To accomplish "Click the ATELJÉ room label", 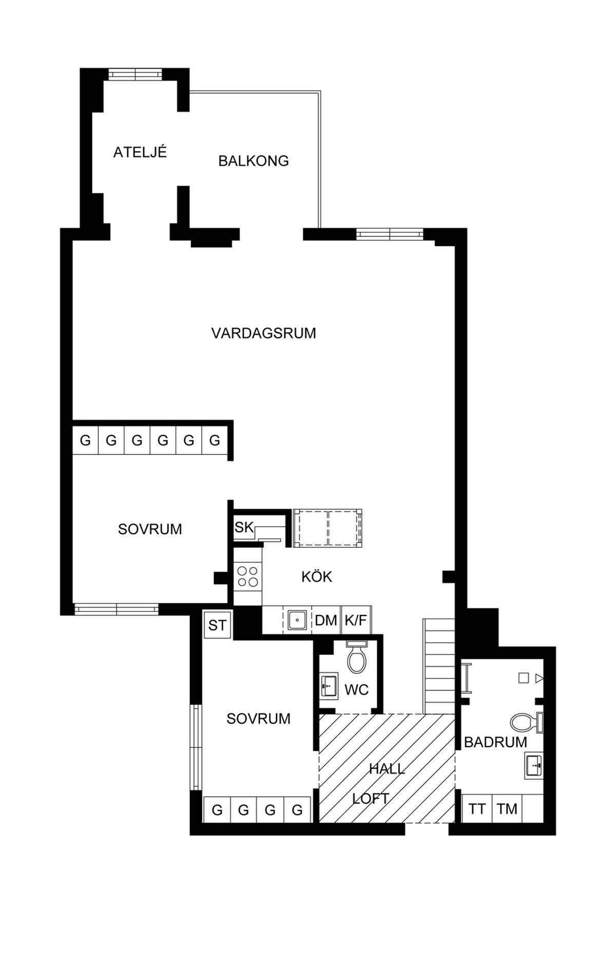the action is point(140,152).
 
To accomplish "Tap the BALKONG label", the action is point(254,161).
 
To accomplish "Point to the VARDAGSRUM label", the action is point(264,333).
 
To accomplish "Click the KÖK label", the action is point(317,576).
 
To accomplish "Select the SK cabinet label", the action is point(244,527).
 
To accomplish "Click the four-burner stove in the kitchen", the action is point(248,576).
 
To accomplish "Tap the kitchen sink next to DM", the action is point(297,620).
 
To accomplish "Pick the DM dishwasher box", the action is point(326,620).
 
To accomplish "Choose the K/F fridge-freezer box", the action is point(356,620).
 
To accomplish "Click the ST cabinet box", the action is point(217,625).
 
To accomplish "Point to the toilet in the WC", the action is point(356,657).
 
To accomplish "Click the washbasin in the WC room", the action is point(329,685).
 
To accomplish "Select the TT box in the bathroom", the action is point(477,809).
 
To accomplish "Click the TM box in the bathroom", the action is point(507,809).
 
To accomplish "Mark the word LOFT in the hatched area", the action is point(371,799).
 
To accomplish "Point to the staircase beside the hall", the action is point(439,666).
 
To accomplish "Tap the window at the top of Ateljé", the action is point(135,74).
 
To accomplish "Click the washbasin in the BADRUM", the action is point(534,765).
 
